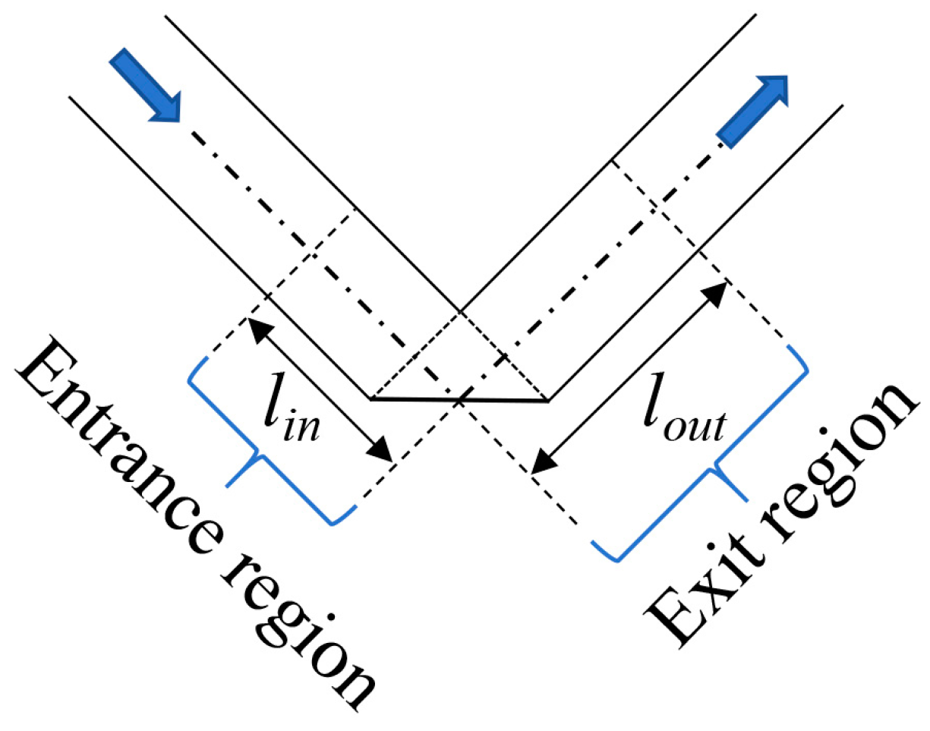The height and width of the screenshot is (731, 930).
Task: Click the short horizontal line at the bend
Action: pos(459,399)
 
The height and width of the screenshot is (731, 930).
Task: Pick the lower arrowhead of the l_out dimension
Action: pos(540,465)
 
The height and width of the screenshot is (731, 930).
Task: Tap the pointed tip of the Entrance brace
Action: pos(227,487)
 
